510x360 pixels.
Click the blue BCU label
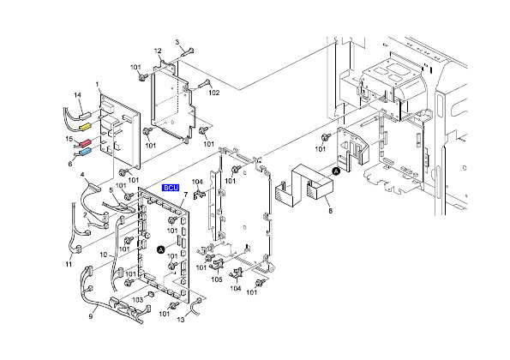point(171,188)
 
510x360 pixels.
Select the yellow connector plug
point(85,127)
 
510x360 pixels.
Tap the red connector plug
point(86,143)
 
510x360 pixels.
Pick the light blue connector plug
point(85,152)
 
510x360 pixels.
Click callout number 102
point(214,93)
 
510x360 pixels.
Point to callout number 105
point(217,279)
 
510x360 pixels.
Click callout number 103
point(137,299)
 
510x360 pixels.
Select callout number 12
point(158,51)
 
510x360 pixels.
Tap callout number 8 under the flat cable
point(331,211)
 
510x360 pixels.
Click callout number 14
point(77,95)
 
